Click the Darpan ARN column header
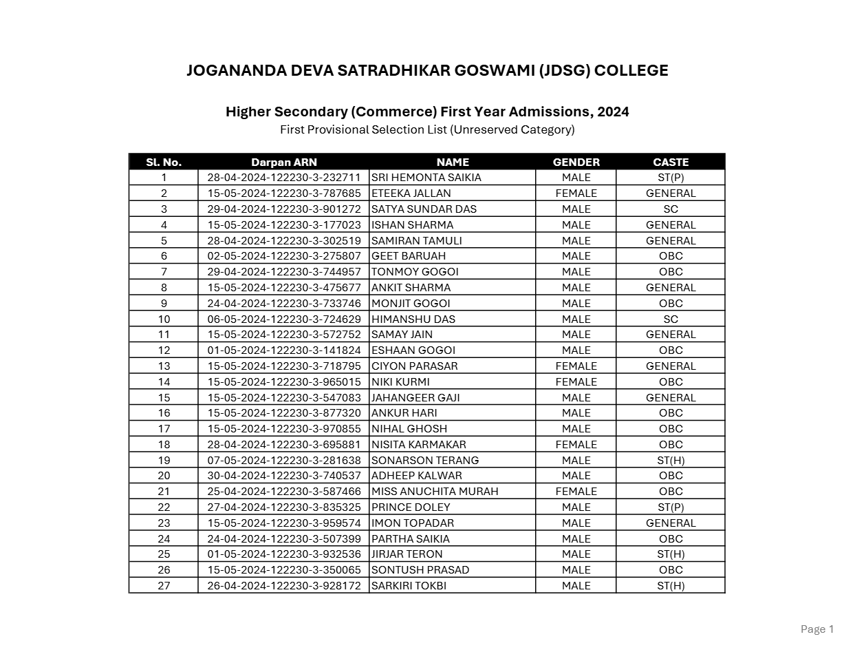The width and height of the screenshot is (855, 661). (283, 162)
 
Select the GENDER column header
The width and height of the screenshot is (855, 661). (576, 162)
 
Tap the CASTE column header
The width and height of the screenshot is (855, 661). (670, 162)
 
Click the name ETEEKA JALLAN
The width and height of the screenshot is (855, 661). (411, 193)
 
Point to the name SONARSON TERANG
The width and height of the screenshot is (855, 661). (425, 460)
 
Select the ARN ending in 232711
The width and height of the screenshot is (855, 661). (283, 178)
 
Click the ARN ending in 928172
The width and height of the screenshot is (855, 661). (283, 586)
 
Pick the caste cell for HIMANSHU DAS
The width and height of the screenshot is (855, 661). (670, 319)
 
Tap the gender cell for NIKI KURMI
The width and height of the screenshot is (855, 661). (576, 382)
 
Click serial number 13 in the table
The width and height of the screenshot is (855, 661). (164, 366)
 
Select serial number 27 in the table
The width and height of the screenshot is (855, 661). (164, 586)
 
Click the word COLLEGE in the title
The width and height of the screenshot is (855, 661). (631, 71)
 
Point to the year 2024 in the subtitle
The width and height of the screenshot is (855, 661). (613, 112)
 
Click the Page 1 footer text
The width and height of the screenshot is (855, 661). (817, 629)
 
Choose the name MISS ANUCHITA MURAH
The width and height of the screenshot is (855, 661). (435, 492)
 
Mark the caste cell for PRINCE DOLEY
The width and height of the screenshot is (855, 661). (670, 507)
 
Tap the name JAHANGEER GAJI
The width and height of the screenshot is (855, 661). (415, 398)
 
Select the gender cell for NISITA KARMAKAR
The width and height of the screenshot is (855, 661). (576, 445)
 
